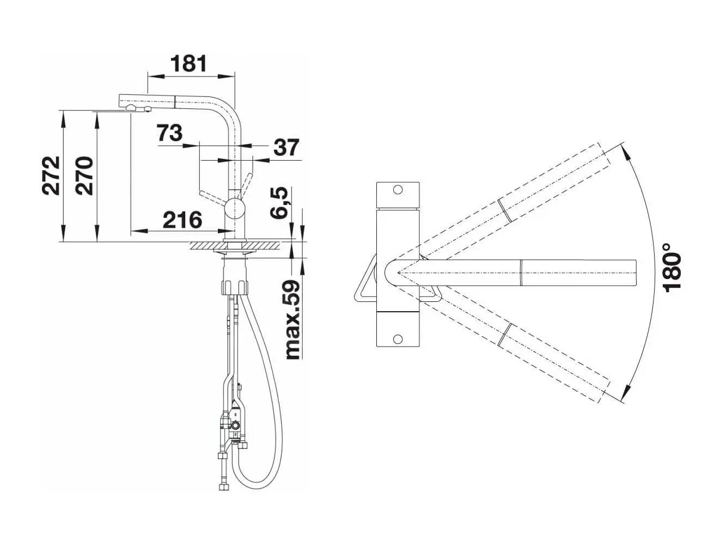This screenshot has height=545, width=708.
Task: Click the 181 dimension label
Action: [189, 64]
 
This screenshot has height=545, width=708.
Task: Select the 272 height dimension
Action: [51, 175]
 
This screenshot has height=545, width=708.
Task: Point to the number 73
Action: [169, 132]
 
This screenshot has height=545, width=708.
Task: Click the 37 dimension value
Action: [286, 147]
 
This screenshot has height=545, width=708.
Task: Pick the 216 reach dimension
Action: [182, 220]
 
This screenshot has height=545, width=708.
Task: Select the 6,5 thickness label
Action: [280, 203]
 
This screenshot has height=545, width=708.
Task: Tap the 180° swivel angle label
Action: [673, 271]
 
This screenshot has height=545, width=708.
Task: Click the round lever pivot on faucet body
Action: [235, 207]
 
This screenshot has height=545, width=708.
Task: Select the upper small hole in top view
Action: [398, 190]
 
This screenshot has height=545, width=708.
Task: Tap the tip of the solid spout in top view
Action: [635, 271]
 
